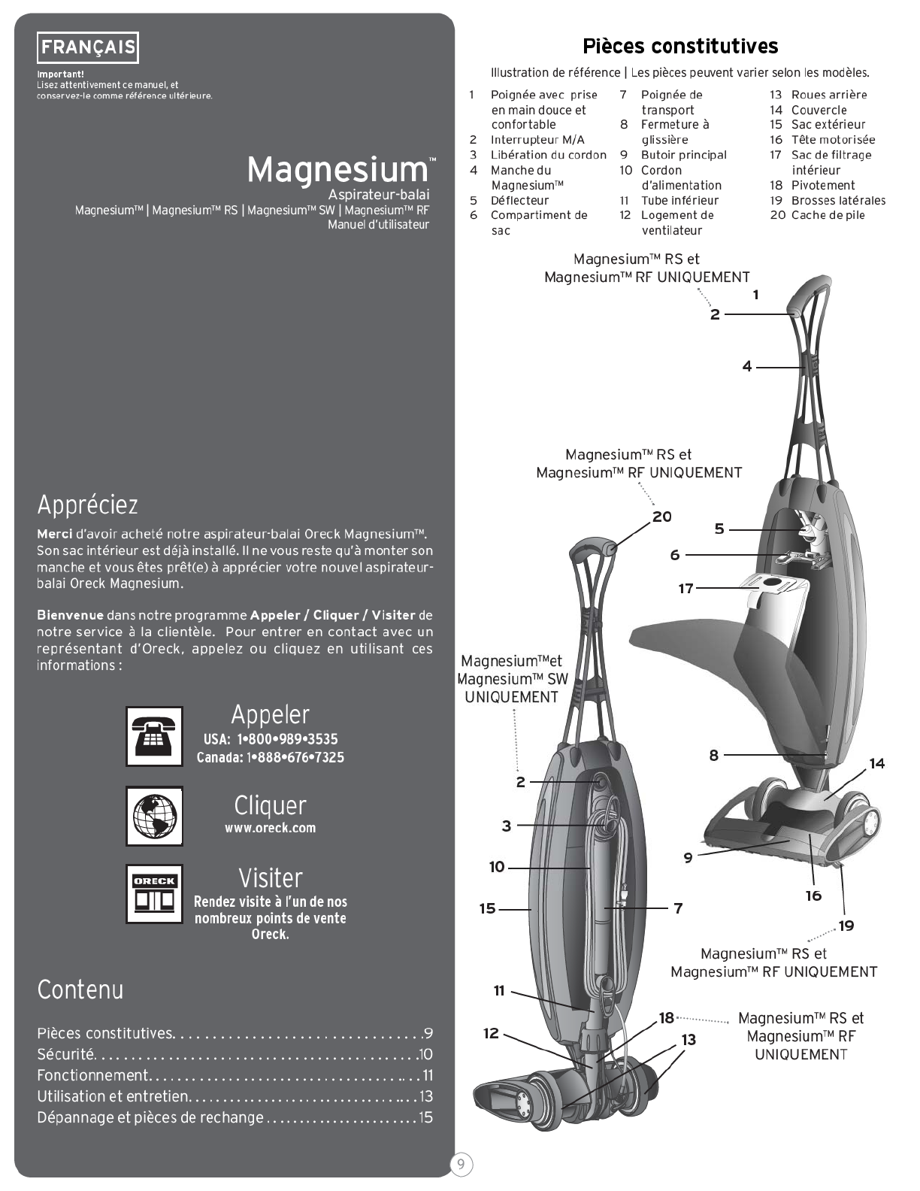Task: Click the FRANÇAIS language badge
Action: point(88,48)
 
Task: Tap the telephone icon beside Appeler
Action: point(154,736)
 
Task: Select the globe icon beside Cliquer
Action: point(154,816)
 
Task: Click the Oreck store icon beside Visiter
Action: point(154,893)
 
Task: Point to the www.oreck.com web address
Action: point(270,828)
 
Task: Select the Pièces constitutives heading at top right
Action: point(680,46)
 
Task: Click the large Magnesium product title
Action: point(337,170)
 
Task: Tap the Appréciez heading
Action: point(87,505)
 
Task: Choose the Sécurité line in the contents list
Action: point(66,1054)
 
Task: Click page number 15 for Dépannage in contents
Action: point(425,1117)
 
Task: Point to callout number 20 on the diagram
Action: point(662,517)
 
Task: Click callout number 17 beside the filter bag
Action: point(685,588)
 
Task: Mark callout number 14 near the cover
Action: point(877,763)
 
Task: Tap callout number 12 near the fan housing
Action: point(491,1033)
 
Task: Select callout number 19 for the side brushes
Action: point(846,926)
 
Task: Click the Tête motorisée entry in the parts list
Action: point(832,140)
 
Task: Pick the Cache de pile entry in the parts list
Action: point(828,215)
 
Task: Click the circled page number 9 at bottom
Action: point(461,1165)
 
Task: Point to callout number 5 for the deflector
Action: point(719,529)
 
